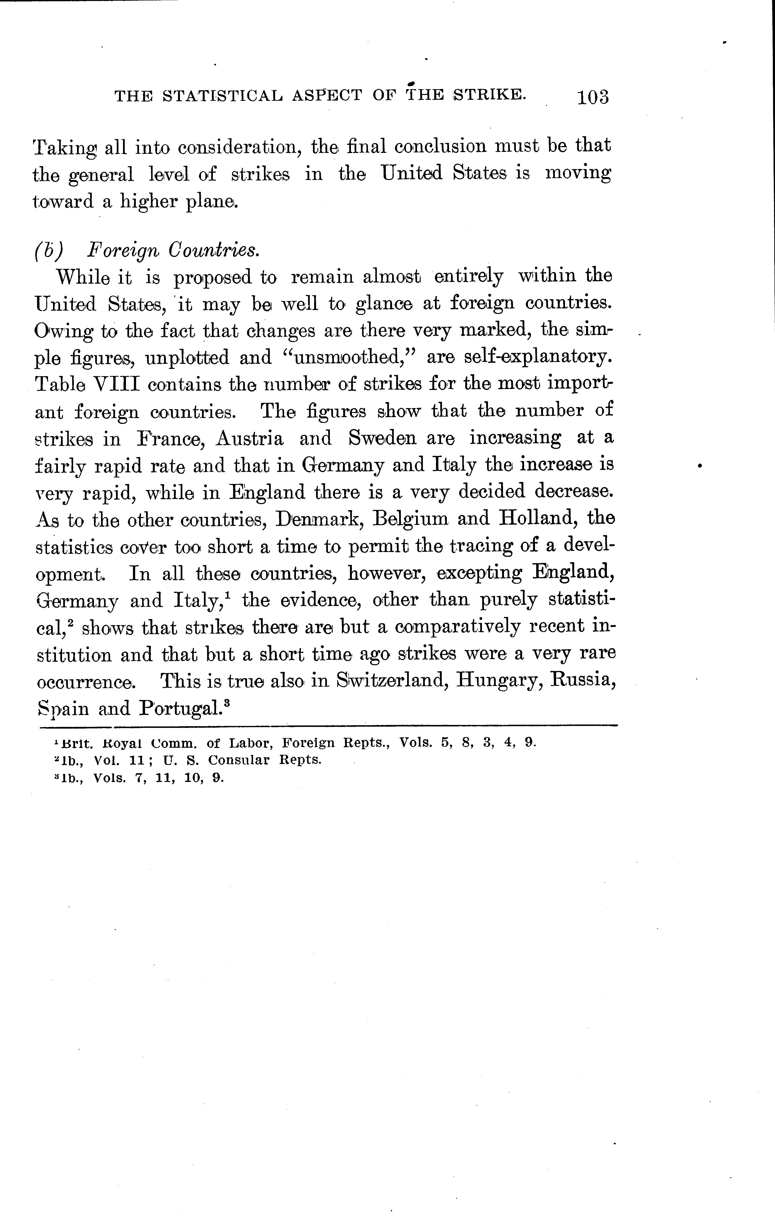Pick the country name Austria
tap(250, 438)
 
